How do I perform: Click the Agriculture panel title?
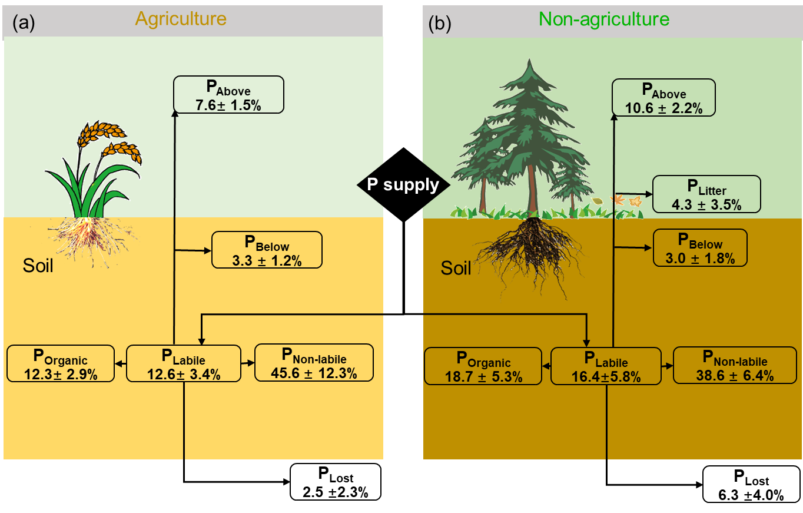181,19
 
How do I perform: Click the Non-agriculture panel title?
603,19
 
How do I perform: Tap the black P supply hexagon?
403,185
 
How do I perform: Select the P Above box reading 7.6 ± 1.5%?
228,95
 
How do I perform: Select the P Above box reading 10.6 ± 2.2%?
663,98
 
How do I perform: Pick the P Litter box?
706,194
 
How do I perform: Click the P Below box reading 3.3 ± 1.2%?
267,250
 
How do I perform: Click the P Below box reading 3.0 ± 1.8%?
700,247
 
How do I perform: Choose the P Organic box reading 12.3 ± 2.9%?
60,363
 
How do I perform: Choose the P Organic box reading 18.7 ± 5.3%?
483,366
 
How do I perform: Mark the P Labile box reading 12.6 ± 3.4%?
184,363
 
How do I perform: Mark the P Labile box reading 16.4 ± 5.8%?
606,366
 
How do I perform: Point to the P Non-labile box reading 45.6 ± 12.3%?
314,362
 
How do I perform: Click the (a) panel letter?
24,23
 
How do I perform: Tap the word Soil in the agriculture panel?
38,266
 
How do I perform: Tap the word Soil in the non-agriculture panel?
456,269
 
